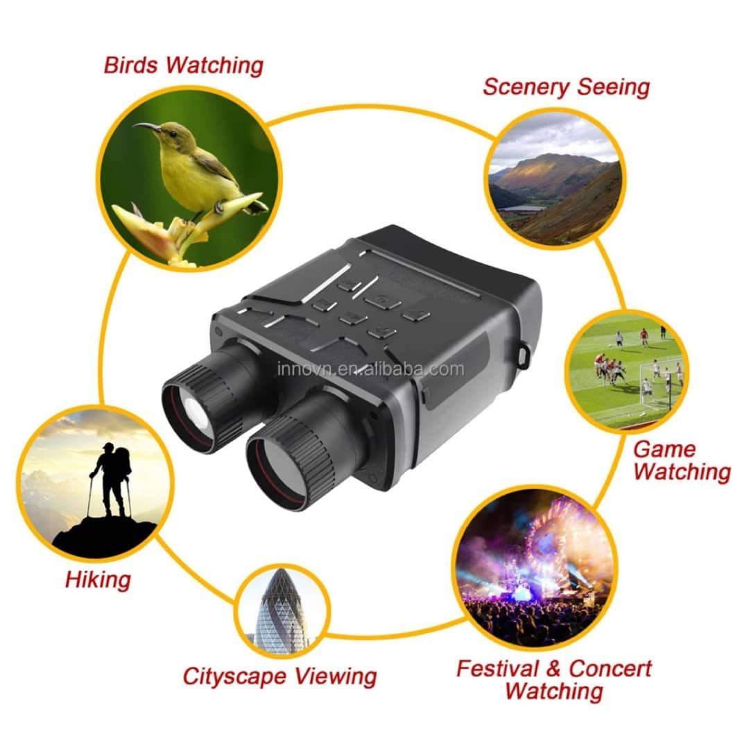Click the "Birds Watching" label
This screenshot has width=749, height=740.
tap(183, 65)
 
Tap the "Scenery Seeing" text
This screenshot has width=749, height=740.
tap(566, 87)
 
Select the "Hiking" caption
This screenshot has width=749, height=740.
tap(98, 580)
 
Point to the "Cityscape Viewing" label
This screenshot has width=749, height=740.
tap(280, 676)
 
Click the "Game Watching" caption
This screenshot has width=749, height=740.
tap(682, 461)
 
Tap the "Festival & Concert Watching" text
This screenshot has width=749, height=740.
tap(554, 680)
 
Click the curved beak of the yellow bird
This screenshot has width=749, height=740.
tap(146, 127)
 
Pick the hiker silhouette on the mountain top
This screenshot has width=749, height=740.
tap(111, 480)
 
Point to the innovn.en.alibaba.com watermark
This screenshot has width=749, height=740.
tap(370, 369)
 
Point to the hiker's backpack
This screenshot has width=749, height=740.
tap(123, 464)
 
